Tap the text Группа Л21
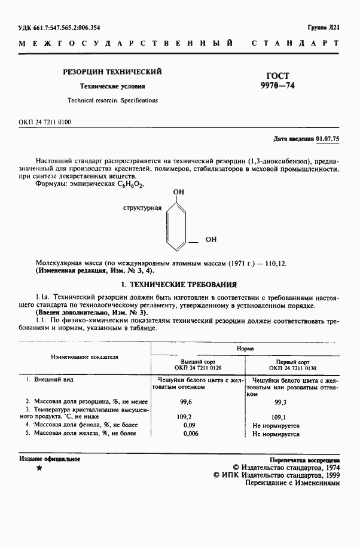coord(324,28)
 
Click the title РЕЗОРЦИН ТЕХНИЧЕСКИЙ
coord(112,72)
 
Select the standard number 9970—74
coord(274,86)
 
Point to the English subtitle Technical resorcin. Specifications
coord(112,100)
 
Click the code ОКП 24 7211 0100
coord(45,122)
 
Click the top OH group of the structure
coord(178,193)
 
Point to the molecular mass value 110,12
coord(275,263)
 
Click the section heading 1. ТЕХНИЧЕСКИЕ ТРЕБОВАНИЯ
coord(179,285)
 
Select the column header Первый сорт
coord(292,362)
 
